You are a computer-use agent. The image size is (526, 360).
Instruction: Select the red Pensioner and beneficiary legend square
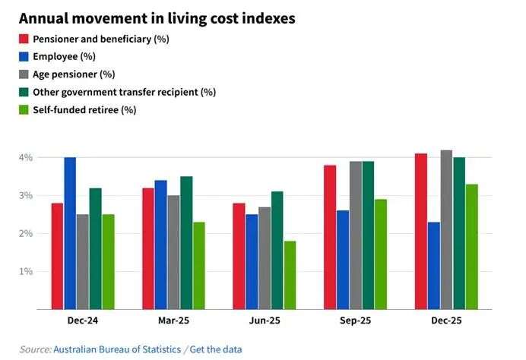25,39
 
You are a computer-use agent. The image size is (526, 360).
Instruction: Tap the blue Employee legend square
25,56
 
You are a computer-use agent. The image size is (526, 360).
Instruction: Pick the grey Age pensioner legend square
25,74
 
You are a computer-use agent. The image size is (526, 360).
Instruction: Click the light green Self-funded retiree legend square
25,109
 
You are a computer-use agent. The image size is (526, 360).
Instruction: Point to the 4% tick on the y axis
27,157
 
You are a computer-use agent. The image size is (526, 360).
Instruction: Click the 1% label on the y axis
27,271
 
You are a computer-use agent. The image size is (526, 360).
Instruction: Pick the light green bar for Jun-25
290,275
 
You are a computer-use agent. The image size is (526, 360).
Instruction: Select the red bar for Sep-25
330,237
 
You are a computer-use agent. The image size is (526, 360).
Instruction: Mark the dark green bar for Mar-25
186,243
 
